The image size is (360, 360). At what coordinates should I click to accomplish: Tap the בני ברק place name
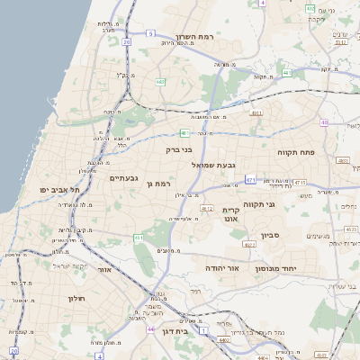[179, 150]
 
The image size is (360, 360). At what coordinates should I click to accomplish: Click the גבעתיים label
[123, 178]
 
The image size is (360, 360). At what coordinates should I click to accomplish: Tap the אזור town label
[103, 268]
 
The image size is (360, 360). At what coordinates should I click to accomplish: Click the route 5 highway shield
[151, 33]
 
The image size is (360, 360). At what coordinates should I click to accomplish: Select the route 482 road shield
[159, 82]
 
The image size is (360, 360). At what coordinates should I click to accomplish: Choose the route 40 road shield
[322, 122]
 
